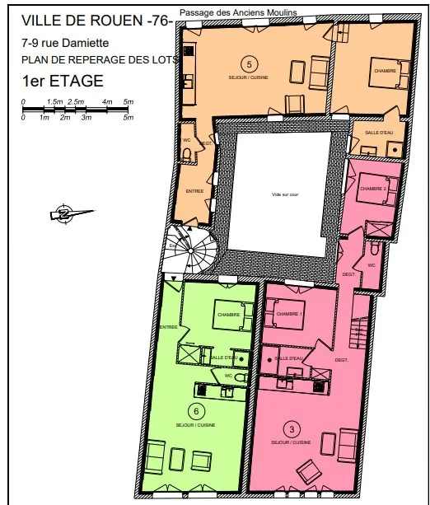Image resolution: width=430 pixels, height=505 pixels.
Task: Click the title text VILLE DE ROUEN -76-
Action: pyautogui.click(x=96, y=21)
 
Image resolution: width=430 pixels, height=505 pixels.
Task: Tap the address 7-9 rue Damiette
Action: pyautogui.click(x=65, y=43)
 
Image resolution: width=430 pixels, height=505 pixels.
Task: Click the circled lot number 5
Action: pyautogui.click(x=246, y=63)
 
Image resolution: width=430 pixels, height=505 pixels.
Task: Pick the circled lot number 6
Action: pyautogui.click(x=195, y=411)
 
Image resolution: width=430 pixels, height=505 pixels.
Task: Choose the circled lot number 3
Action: pyautogui.click(x=291, y=429)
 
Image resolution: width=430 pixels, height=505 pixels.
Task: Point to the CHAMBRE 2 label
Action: pyautogui.click(x=373, y=189)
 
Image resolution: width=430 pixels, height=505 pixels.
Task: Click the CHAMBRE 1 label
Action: pyautogui.click(x=289, y=315)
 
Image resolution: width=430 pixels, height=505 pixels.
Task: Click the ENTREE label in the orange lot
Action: pyautogui.click(x=194, y=191)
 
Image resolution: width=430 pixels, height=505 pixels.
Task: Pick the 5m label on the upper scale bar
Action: pyautogui.click(x=128, y=101)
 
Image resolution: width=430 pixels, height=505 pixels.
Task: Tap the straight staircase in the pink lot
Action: pyautogui.click(x=359, y=333)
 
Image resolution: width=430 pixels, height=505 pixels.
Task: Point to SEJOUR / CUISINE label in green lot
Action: pyautogui.click(x=195, y=426)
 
